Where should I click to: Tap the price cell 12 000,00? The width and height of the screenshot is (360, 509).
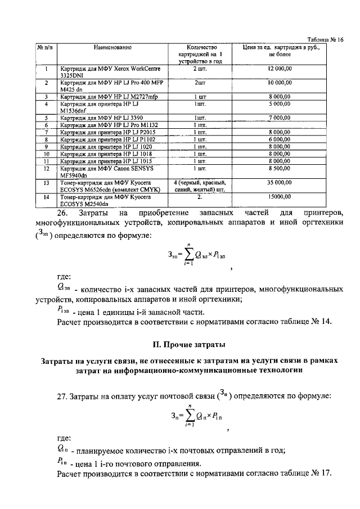(x=279, y=68)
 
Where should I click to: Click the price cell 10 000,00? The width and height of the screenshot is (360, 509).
(x=279, y=83)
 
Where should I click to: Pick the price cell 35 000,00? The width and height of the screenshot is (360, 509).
(x=279, y=183)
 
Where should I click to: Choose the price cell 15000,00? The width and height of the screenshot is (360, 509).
(x=279, y=197)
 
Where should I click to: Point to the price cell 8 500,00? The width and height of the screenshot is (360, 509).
(x=279, y=168)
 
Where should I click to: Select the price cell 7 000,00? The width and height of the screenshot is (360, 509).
(x=279, y=117)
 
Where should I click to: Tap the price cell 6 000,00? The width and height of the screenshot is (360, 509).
(x=279, y=139)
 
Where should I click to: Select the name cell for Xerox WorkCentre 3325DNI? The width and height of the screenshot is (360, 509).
(x=110, y=71)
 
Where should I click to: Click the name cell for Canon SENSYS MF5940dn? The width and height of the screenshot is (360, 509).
(x=110, y=171)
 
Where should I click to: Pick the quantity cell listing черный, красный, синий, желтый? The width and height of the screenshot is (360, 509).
(x=201, y=186)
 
